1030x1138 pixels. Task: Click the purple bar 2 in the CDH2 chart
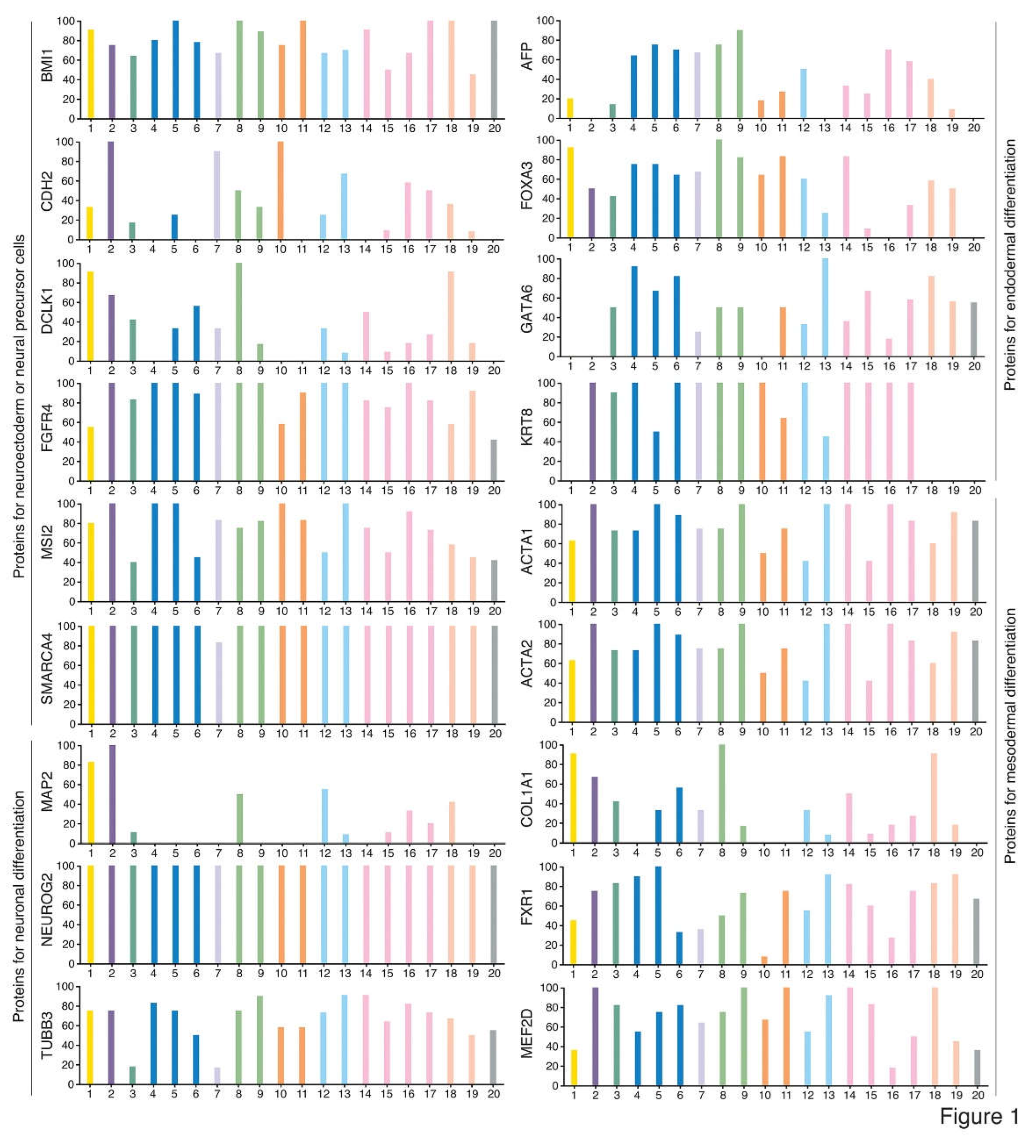coord(111,191)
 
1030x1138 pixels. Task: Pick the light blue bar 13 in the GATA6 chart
coord(825,308)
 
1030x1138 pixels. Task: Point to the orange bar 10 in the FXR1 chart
coord(764,960)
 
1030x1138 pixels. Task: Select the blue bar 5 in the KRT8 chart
coord(656,456)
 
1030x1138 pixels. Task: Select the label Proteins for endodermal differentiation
coord(1010,265)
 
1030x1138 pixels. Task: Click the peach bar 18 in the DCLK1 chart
coord(450,316)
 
